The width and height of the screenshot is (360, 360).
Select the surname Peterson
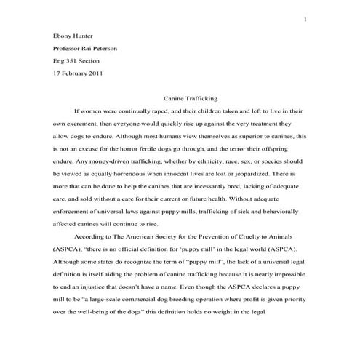coord(102,49)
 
